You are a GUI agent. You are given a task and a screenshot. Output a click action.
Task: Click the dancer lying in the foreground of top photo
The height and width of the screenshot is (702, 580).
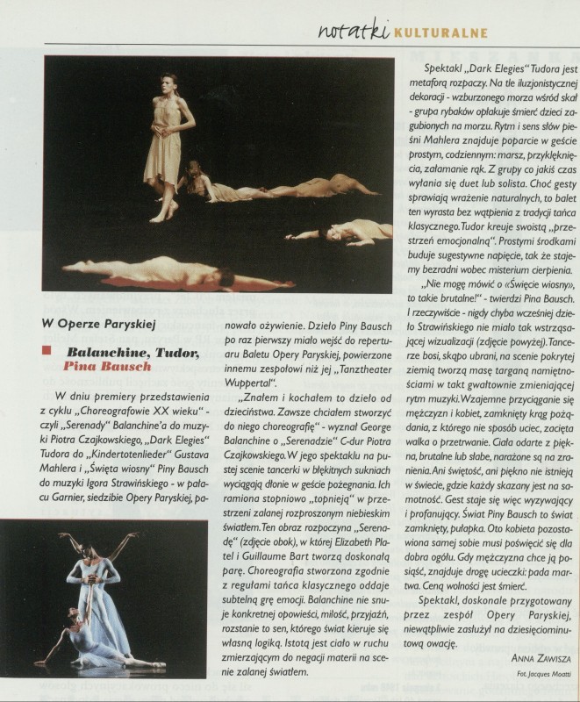[167, 274]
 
